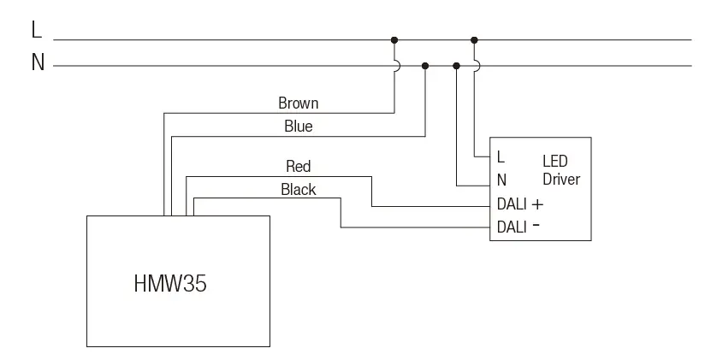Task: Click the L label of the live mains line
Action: tap(36, 31)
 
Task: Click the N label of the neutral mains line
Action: tap(38, 64)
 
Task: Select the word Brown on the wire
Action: tap(298, 103)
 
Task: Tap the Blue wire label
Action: tap(298, 127)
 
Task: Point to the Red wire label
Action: tap(298, 166)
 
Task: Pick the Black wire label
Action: tap(298, 189)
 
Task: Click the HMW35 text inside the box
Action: tap(169, 284)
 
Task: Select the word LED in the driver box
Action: tap(554, 161)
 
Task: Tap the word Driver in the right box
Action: tap(560, 180)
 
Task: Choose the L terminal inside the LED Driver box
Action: tap(501, 157)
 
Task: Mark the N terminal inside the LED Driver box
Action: tap(501, 180)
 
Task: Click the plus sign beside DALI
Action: tap(537, 205)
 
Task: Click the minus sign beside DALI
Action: tap(536, 227)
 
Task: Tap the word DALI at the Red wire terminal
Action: tap(512, 205)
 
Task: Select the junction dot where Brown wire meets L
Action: tap(394, 39)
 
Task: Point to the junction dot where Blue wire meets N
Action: tap(425, 65)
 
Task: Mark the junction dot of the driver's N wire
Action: tap(456, 65)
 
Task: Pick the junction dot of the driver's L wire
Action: tap(474, 39)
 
